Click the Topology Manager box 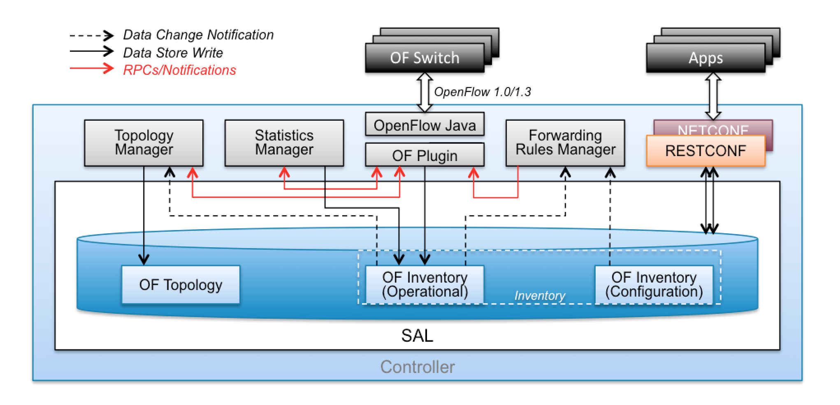[144, 143]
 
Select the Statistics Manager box [284, 143]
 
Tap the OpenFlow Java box [425, 125]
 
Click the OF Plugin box [425, 155]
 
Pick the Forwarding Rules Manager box [565, 143]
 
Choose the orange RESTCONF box [705, 151]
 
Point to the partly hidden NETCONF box [713, 127]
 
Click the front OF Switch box [425, 58]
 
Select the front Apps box [705, 58]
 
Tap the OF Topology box [181, 285]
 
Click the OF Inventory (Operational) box [425, 285]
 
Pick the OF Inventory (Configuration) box [654, 285]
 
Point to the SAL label [417, 336]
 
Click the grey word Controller [417, 367]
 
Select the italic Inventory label [540, 296]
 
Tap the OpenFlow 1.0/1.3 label [483, 92]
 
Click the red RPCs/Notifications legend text [179, 70]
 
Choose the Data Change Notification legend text [198, 35]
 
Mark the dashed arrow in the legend [91, 36]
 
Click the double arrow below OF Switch [425, 92]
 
